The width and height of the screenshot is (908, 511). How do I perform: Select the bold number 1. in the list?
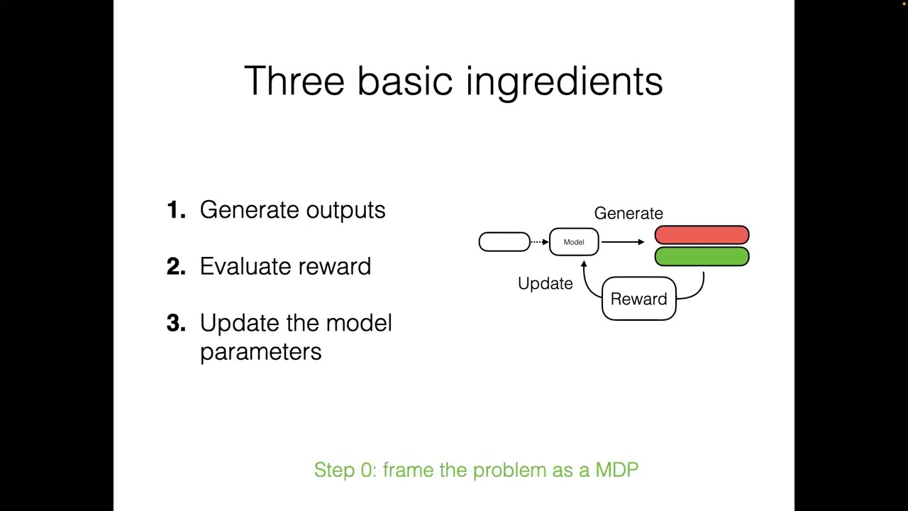(176, 210)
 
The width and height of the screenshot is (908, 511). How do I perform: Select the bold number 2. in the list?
(176, 267)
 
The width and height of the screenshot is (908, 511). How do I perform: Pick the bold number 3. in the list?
(176, 324)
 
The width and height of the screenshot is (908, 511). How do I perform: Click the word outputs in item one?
(345, 211)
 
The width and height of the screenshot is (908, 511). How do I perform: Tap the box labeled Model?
(574, 242)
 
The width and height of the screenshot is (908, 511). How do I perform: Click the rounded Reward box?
(638, 299)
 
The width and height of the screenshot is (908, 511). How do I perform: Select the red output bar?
(702, 235)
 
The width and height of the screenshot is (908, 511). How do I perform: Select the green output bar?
(702, 256)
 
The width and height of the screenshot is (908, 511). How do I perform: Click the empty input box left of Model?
(504, 242)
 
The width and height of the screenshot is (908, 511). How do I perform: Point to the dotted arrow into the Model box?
(539, 242)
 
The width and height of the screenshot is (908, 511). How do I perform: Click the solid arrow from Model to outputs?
(623, 242)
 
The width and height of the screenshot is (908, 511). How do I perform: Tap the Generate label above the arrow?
(629, 213)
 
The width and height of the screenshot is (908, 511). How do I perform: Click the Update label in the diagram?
(545, 284)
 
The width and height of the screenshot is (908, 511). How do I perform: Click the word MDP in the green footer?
(617, 470)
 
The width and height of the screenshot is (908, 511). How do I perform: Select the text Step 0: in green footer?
(345, 470)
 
